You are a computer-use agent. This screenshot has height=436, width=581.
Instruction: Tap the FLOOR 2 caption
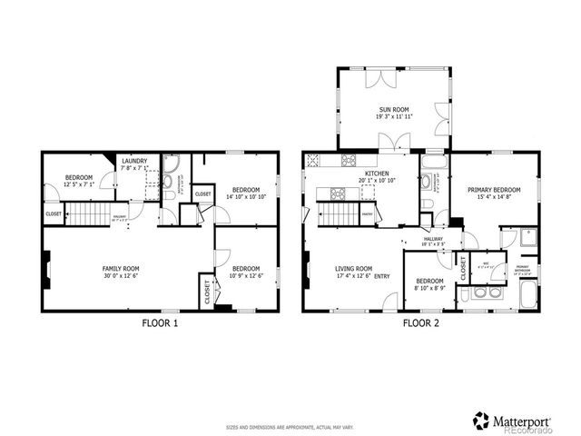[421, 322]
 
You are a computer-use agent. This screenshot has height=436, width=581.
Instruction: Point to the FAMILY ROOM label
[120, 268]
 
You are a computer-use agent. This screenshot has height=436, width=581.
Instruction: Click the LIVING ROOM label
[353, 268]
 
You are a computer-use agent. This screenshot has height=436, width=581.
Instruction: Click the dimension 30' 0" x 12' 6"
[120, 275]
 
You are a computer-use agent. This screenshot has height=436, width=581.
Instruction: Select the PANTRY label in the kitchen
[368, 214]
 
